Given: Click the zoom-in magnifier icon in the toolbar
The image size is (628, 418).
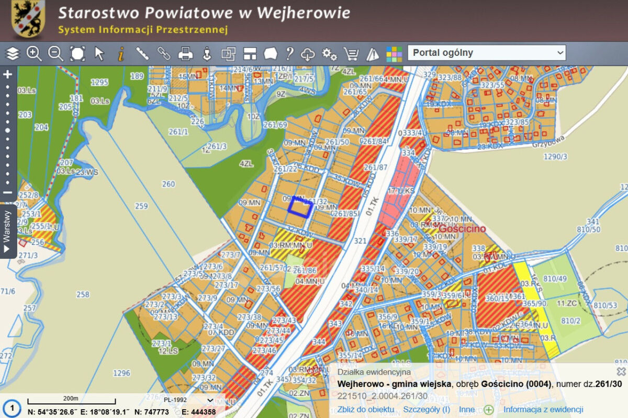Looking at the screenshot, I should click(34, 53).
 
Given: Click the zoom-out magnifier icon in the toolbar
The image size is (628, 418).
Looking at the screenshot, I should click(55, 53).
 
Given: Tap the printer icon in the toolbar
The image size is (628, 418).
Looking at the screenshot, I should click(185, 53).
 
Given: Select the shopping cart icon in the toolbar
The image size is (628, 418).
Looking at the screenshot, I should click(351, 53).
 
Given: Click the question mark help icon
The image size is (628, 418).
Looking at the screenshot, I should click(289, 53).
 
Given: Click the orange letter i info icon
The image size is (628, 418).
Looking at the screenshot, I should click(121, 53).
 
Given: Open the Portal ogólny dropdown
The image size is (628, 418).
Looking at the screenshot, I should click(486, 53).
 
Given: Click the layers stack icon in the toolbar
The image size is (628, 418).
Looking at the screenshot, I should click(13, 53).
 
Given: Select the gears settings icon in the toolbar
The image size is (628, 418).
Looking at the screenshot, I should click(329, 53).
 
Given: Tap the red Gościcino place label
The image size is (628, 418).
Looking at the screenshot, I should click(462, 229).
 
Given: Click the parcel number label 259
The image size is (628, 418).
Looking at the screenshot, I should click(141, 206).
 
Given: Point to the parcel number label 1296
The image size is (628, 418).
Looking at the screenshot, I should click(121, 373).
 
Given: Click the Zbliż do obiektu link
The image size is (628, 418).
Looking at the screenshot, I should click(366, 410).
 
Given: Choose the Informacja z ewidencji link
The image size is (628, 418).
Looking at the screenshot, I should click(543, 410).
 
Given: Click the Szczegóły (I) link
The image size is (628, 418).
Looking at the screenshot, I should click(427, 410).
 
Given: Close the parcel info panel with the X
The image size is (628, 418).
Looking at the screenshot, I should click(621, 371).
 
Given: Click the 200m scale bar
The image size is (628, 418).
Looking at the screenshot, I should click(71, 401).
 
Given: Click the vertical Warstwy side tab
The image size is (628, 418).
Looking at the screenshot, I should click(7, 230).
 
